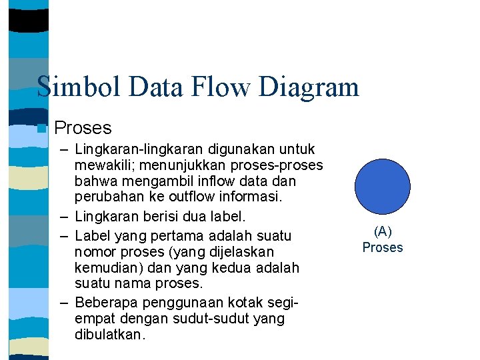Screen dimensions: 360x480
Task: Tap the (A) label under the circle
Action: click(383, 231)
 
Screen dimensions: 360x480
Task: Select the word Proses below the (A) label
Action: click(383, 247)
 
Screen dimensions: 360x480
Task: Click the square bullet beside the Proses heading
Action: click(42, 128)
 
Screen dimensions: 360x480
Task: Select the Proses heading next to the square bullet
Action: click(83, 127)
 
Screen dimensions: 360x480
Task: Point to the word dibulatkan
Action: click(109, 335)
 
